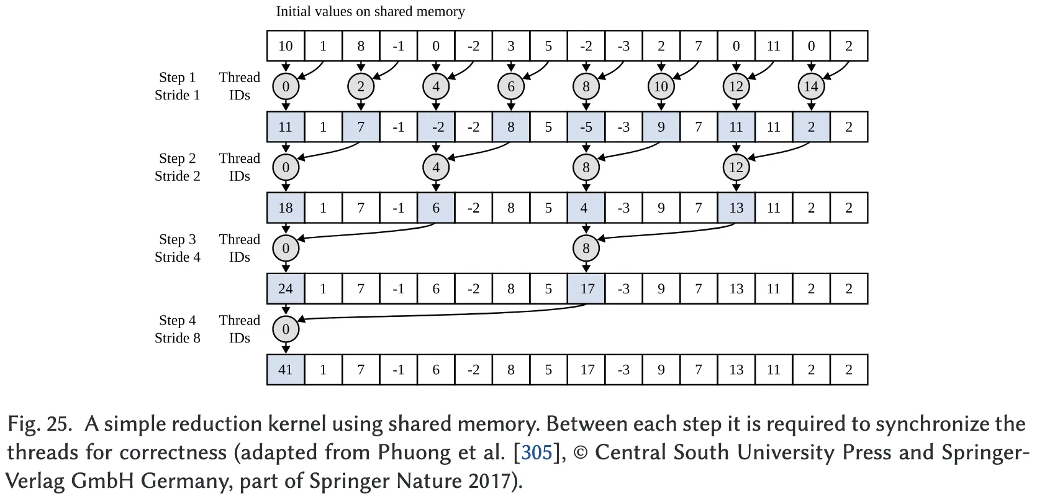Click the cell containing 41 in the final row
point(286,370)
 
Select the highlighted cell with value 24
point(286,289)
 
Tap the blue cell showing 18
point(286,208)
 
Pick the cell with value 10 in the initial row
point(286,46)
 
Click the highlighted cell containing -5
point(586,127)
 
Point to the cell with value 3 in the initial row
point(511,46)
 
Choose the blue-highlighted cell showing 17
point(586,289)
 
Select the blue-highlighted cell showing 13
point(736,208)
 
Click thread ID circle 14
point(811,86)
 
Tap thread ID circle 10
point(661,86)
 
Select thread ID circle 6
point(511,86)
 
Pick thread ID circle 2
point(361,86)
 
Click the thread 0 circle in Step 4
point(286,329)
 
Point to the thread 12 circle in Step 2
point(736,167)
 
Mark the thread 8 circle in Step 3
point(586,249)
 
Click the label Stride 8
point(178,338)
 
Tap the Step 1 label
point(178,78)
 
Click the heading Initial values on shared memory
point(370,12)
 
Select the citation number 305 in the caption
point(537,452)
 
